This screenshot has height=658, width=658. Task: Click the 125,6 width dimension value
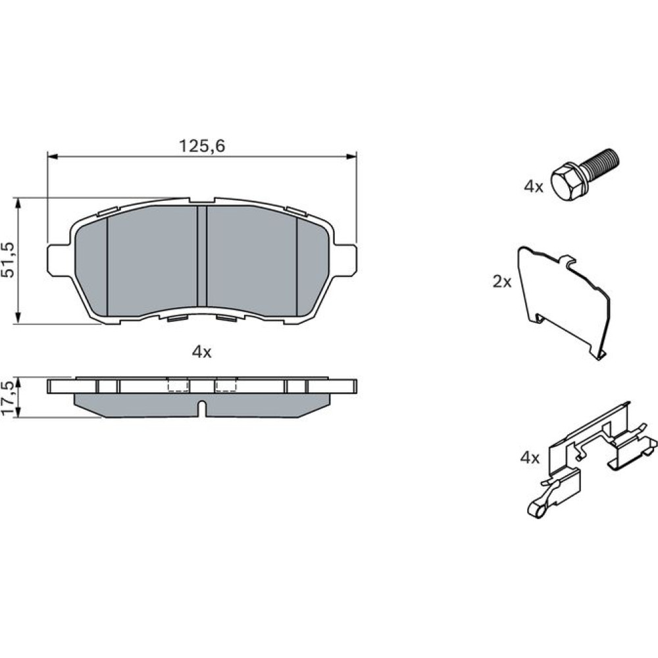[202, 146]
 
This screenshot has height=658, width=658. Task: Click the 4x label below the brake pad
[201, 352]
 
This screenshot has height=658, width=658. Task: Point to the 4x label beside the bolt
[534, 186]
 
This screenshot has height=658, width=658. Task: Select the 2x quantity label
[502, 282]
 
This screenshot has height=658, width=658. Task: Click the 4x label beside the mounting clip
[530, 458]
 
